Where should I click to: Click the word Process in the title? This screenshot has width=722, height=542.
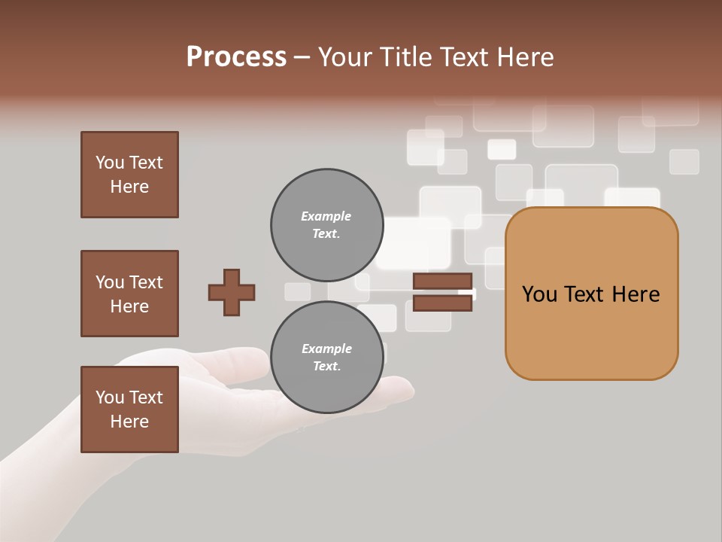[x=236, y=57]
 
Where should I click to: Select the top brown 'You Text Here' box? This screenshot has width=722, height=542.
[x=129, y=175]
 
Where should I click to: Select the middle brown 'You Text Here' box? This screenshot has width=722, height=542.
[x=129, y=294]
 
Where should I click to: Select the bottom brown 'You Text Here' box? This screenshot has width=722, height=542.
[x=129, y=410]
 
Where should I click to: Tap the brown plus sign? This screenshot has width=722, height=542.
[x=232, y=292]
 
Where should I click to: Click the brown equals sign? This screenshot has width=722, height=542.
[x=443, y=292]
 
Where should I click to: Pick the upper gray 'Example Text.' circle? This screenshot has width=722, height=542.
[x=326, y=224]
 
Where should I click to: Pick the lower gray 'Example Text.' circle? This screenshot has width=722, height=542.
[x=326, y=357]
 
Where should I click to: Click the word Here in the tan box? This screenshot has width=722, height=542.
[x=636, y=294]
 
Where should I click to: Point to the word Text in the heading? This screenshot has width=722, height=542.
[x=470, y=57]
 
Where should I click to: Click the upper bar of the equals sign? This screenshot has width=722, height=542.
[x=443, y=282]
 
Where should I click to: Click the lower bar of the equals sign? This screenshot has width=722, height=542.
[x=443, y=303]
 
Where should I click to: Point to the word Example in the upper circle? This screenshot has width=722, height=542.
[x=326, y=216]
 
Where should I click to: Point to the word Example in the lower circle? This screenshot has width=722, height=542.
[x=326, y=349]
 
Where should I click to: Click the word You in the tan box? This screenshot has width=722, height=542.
[x=540, y=294]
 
